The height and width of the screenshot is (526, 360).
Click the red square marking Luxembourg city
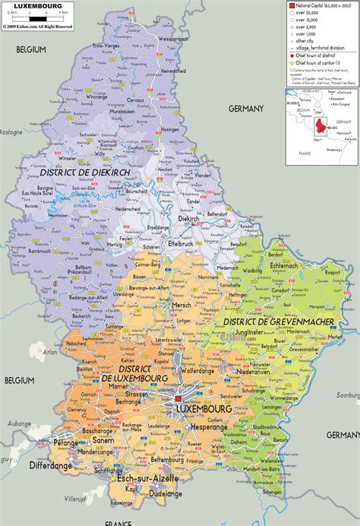[178, 398]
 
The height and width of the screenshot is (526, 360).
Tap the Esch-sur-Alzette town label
[147, 479]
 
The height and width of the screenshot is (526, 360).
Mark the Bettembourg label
[168, 460]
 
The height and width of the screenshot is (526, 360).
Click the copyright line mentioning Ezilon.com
[38, 26]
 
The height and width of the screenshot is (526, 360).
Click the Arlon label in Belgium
[51, 352]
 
